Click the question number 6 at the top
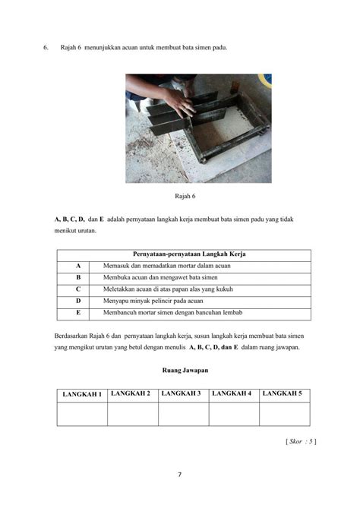point(46,48)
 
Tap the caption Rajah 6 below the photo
point(185,196)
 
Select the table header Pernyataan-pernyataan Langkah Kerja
point(183,254)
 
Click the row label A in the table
point(77,266)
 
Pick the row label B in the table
point(77,278)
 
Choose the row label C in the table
point(77,289)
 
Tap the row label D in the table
point(77,301)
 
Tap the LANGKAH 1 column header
point(82,394)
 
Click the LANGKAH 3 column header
point(183,393)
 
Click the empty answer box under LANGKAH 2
point(132,414)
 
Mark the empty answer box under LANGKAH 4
point(234,414)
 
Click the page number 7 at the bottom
point(180,475)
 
